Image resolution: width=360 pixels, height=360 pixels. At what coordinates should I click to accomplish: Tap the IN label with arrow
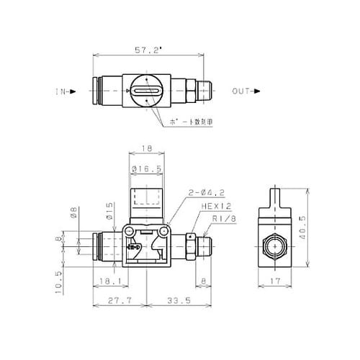click(64, 92)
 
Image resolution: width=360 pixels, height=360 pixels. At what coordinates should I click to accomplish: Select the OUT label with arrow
click(246, 91)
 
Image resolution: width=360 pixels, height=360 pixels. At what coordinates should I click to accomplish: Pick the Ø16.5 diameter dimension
click(146, 169)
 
